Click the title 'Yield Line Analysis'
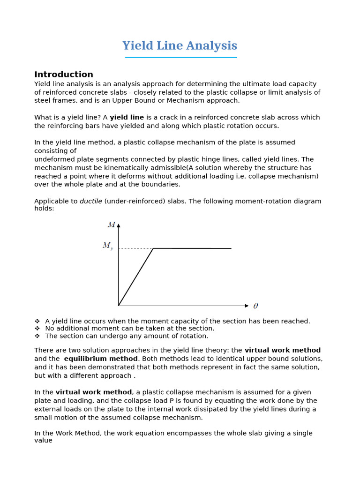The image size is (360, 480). point(180,46)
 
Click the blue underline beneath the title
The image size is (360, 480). point(181,57)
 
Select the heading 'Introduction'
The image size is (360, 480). point(64,75)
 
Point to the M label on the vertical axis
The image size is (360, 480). point(112,225)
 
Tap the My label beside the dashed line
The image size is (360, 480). point(107,246)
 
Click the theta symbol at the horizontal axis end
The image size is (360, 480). point(255,306)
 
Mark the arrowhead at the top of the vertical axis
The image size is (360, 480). point(119,225)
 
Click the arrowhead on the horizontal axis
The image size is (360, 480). point(247,306)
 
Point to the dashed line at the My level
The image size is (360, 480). point(136,248)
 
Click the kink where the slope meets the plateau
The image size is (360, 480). point(153,248)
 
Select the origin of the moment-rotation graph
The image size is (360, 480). point(119,306)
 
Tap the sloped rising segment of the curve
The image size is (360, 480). point(136,277)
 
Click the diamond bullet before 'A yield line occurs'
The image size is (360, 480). point(37,321)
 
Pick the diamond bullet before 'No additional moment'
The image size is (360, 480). point(37,329)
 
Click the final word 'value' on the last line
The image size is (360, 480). point(43,441)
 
